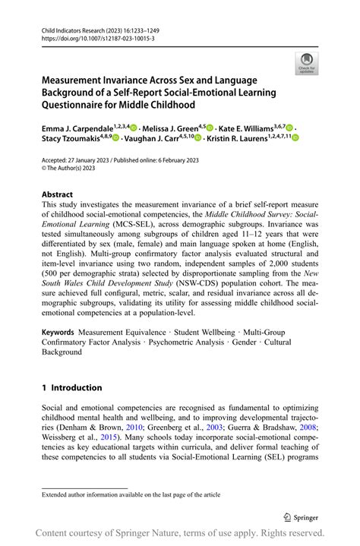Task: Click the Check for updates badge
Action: [x=307, y=62]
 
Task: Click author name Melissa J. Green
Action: [x=173, y=129]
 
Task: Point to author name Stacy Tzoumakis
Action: [x=72, y=139]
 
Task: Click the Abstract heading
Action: [x=58, y=194]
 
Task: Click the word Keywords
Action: [x=58, y=333]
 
